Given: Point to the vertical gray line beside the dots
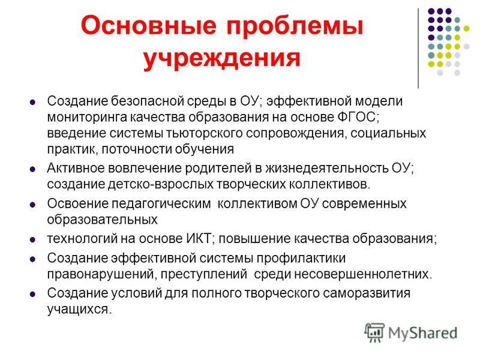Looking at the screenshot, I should click(x=418, y=48).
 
